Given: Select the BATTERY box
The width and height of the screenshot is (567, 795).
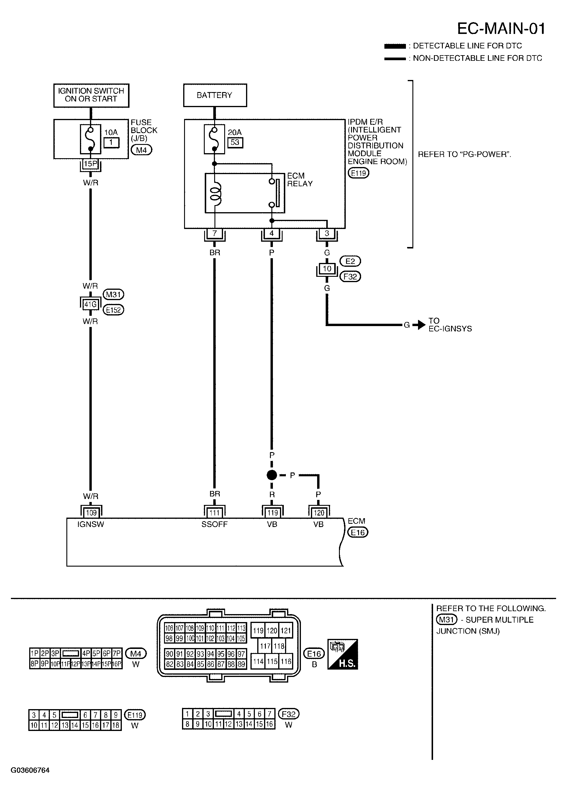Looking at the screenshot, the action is pos(215,95).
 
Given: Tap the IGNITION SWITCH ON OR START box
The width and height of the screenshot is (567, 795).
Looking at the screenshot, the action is pos(91,95).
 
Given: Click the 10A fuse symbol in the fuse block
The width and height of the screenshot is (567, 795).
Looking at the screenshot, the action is pos(91,139).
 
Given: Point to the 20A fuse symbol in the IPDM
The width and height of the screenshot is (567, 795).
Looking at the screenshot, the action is pos(214,139).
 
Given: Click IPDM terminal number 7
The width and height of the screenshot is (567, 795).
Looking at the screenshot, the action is pos(215,233).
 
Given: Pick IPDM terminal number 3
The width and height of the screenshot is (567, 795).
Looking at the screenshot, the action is pos(327,233).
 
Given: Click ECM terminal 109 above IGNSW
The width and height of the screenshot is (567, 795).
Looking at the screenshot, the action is pos(91,513).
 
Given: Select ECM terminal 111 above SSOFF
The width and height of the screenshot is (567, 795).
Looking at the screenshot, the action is pos(214,513).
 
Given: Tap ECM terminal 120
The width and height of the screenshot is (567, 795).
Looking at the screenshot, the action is pos(319,513).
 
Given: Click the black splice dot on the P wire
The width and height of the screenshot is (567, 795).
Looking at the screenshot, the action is pos(272,475).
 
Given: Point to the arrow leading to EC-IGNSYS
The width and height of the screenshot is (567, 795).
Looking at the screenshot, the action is pos(419,325).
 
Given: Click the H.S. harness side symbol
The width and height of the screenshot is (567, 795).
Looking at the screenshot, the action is pos(343,654).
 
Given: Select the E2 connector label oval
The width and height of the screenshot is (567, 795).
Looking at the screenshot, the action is pos(350,261).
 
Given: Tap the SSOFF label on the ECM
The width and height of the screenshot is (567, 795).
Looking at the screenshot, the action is pos(214,524).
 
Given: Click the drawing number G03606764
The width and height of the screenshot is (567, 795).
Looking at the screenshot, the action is pos(30,770).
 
